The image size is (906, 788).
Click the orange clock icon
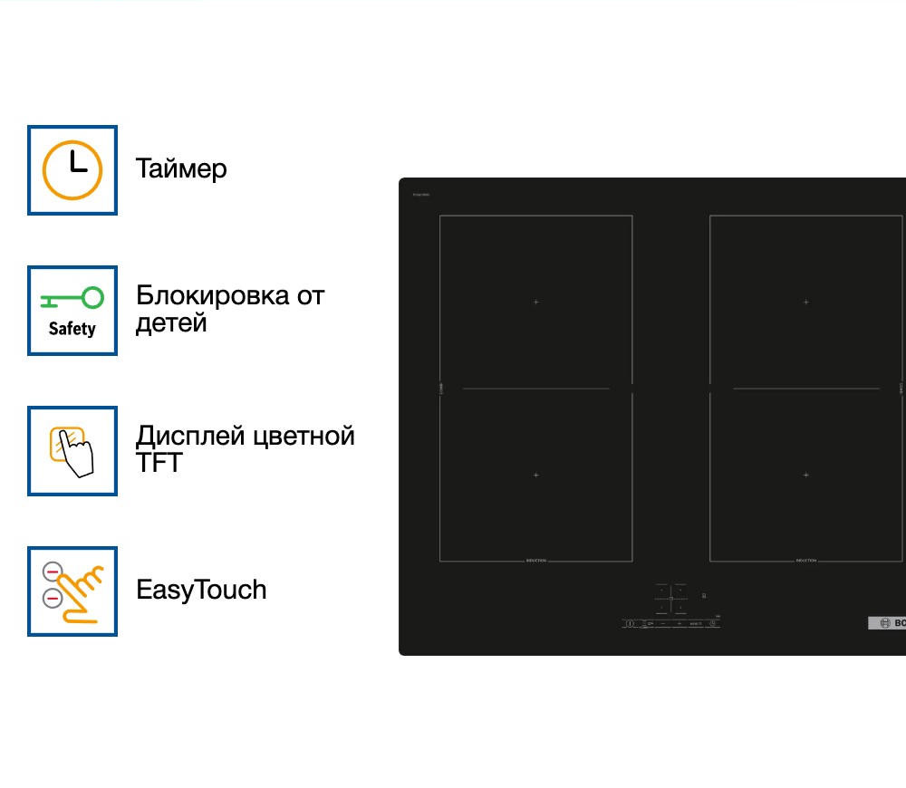coord(72,170)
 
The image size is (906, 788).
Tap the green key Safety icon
coord(72,298)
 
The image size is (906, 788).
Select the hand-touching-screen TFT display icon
coord(72,451)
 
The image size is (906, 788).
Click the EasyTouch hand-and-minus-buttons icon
coord(72,591)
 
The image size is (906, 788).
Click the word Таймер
coord(181,168)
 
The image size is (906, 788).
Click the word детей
coord(171,323)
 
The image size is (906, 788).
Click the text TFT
coord(159,464)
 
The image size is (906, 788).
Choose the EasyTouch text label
coord(201,591)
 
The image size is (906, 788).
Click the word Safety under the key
coord(72,329)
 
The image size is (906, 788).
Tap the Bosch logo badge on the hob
coord(887,622)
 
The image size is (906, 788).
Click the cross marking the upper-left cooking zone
coord(536,302)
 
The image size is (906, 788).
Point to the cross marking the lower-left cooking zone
coord(536,475)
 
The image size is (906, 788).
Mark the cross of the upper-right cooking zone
coord(806,302)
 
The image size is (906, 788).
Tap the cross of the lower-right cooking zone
coord(806,475)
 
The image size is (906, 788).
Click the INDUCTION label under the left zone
coord(536,561)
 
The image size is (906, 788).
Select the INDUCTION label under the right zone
coord(806,561)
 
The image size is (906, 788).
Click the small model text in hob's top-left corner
coord(420,195)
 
